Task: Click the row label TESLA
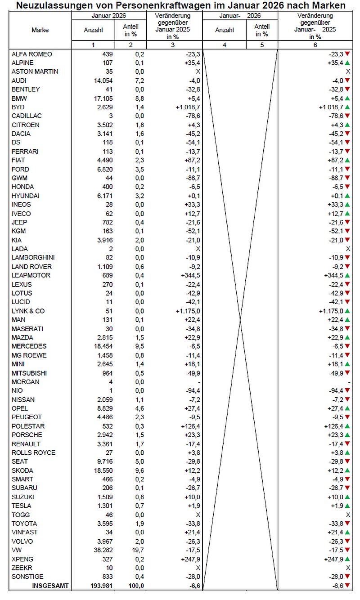point(21,506)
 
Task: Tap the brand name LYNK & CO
point(28,311)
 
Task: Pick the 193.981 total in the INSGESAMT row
point(100,586)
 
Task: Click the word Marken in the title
point(327,5)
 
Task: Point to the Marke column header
point(40,30)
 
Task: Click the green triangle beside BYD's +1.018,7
point(347,107)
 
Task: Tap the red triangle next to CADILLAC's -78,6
point(347,116)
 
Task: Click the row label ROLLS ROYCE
point(33,452)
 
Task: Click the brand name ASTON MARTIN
point(35,72)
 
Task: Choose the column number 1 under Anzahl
point(93,45)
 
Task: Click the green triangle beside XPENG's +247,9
point(347,559)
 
